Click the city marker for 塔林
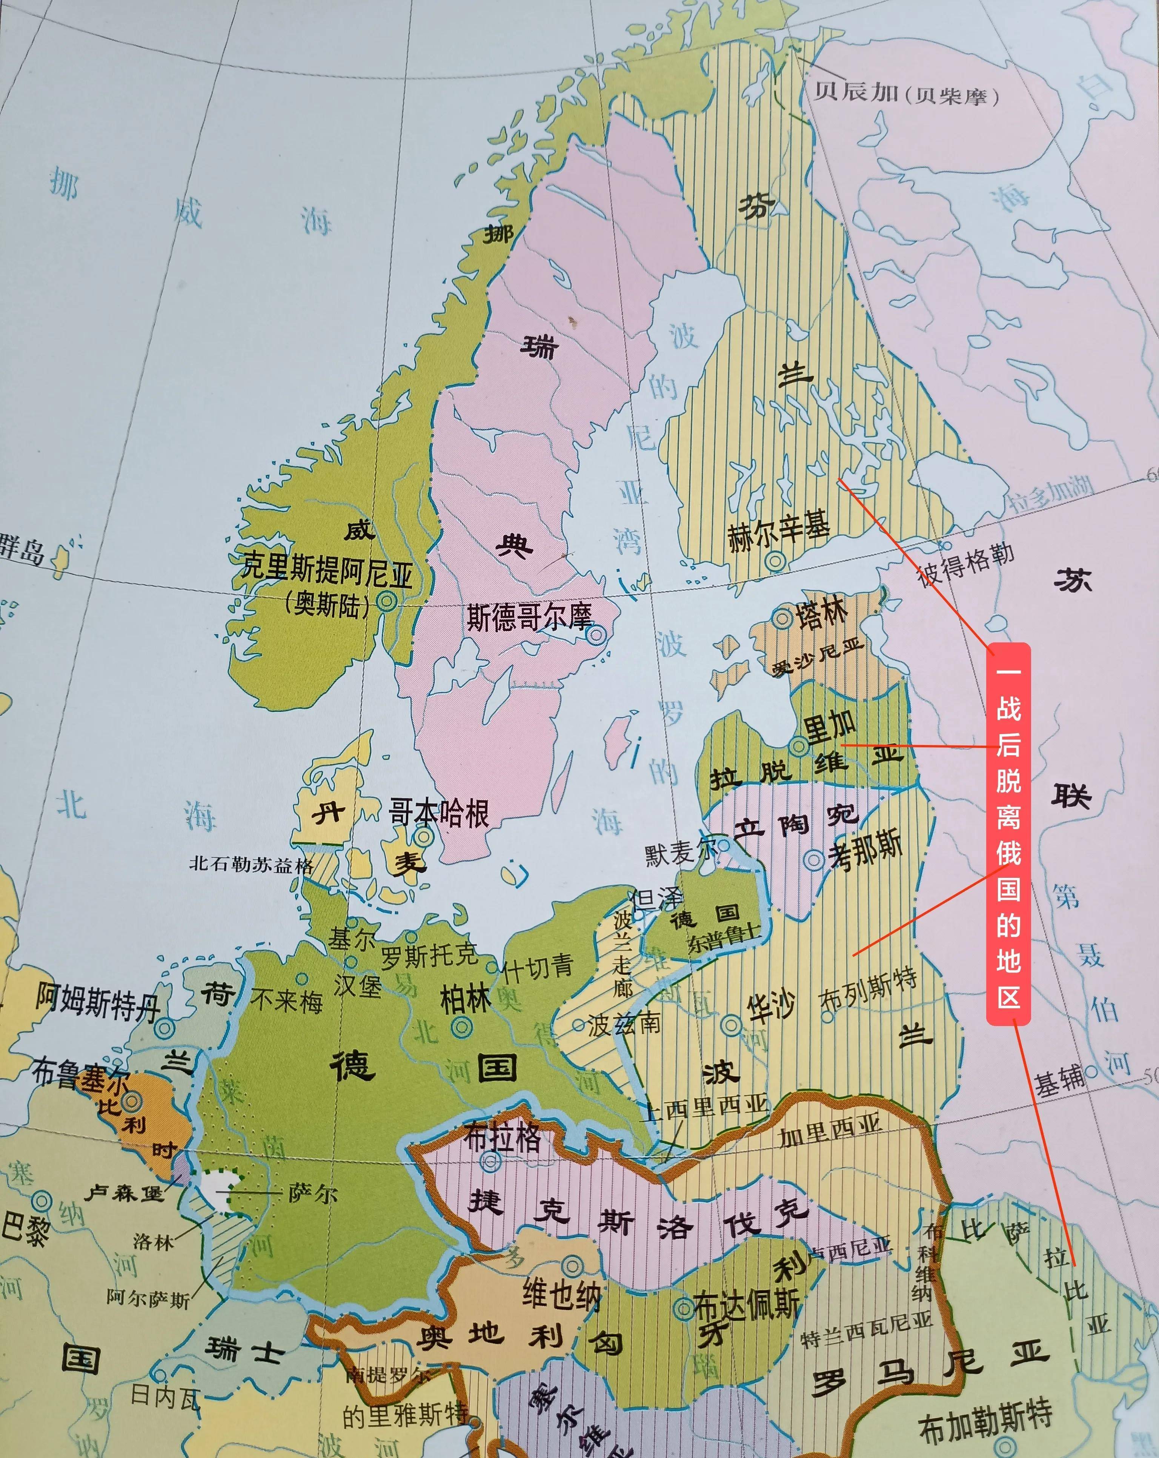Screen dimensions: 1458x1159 click(783, 618)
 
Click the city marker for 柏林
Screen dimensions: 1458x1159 click(462, 1027)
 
